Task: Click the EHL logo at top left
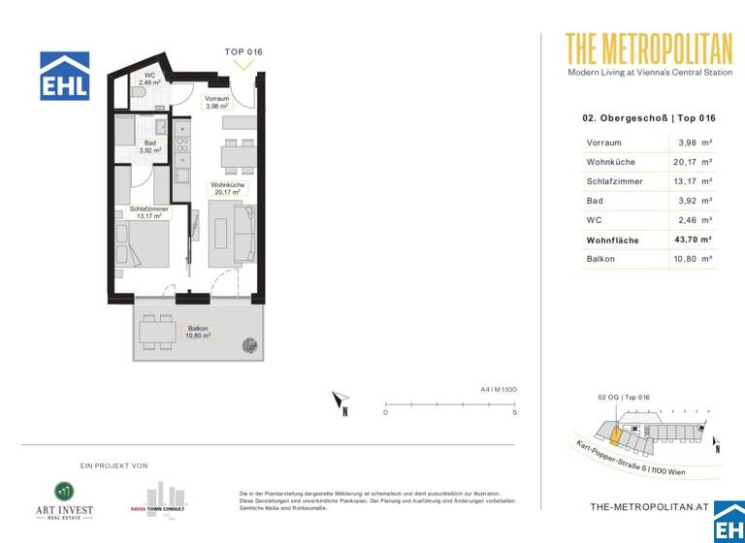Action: [x=65, y=76]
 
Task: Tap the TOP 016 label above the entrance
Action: [x=243, y=51]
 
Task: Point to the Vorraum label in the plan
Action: [x=217, y=102]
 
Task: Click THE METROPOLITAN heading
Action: [x=641, y=48]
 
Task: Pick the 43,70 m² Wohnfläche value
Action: [x=694, y=240]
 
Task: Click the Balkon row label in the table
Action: [x=600, y=259]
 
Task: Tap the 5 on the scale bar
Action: [x=514, y=413]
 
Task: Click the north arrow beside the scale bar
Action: [x=340, y=400]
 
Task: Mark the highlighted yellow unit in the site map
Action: [x=617, y=432]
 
